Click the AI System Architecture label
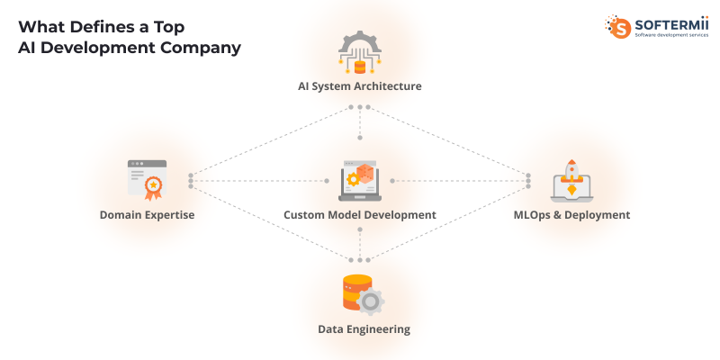(359, 86)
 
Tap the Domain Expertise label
(147, 215)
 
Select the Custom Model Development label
(359, 215)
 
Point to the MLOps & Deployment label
(571, 215)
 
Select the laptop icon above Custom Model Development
(359, 180)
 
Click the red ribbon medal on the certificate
(154, 187)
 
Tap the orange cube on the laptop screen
(365, 173)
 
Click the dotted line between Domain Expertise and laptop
(261, 181)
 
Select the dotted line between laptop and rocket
(459, 181)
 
